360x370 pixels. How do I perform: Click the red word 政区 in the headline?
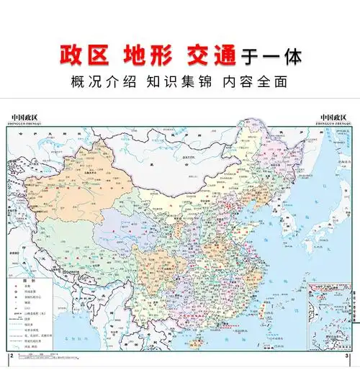pos(84,55)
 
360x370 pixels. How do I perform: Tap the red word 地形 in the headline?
pos(146,55)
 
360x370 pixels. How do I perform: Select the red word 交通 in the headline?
pos(209,55)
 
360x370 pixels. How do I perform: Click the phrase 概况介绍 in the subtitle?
pos(97,81)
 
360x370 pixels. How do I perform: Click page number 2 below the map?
pos(11,356)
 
